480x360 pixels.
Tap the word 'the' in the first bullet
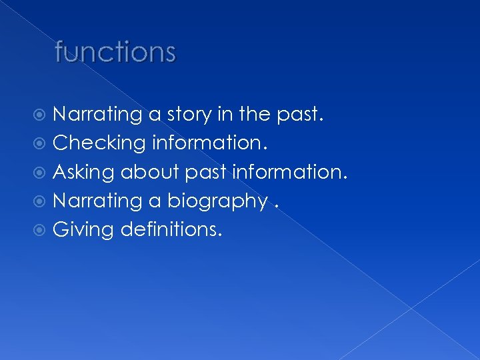click(255, 115)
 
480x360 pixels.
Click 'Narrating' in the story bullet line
click(97, 115)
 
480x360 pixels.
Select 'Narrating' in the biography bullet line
click(97, 201)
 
